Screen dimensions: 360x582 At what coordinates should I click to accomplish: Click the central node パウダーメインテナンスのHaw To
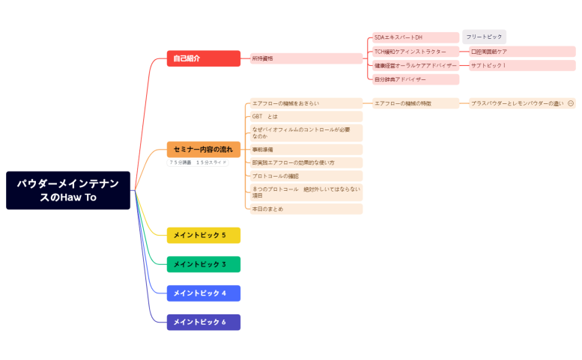pyautogui.click(x=68, y=190)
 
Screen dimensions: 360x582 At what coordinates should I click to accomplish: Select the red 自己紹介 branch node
pyautogui.click(x=203, y=58)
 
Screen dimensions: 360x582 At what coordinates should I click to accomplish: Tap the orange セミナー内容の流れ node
pyautogui.click(x=203, y=150)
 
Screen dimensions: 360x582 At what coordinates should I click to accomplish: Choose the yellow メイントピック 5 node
pyautogui.click(x=203, y=235)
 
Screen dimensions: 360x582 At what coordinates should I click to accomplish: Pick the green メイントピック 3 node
pyautogui.click(x=203, y=264)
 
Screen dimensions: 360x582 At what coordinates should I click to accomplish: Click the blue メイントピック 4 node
pyautogui.click(x=203, y=293)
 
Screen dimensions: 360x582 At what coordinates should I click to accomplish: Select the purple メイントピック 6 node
pyautogui.click(x=203, y=322)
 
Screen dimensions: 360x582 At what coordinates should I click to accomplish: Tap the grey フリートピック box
pyautogui.click(x=484, y=37)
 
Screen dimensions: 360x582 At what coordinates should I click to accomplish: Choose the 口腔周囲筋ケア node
pyautogui.click(x=521, y=52)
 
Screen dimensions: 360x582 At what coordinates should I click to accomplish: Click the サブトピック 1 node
pyautogui.click(x=521, y=66)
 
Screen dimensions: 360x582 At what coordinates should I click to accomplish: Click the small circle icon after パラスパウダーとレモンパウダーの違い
pyautogui.click(x=571, y=103)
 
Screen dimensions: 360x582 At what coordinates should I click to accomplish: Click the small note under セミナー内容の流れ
pyautogui.click(x=197, y=162)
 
